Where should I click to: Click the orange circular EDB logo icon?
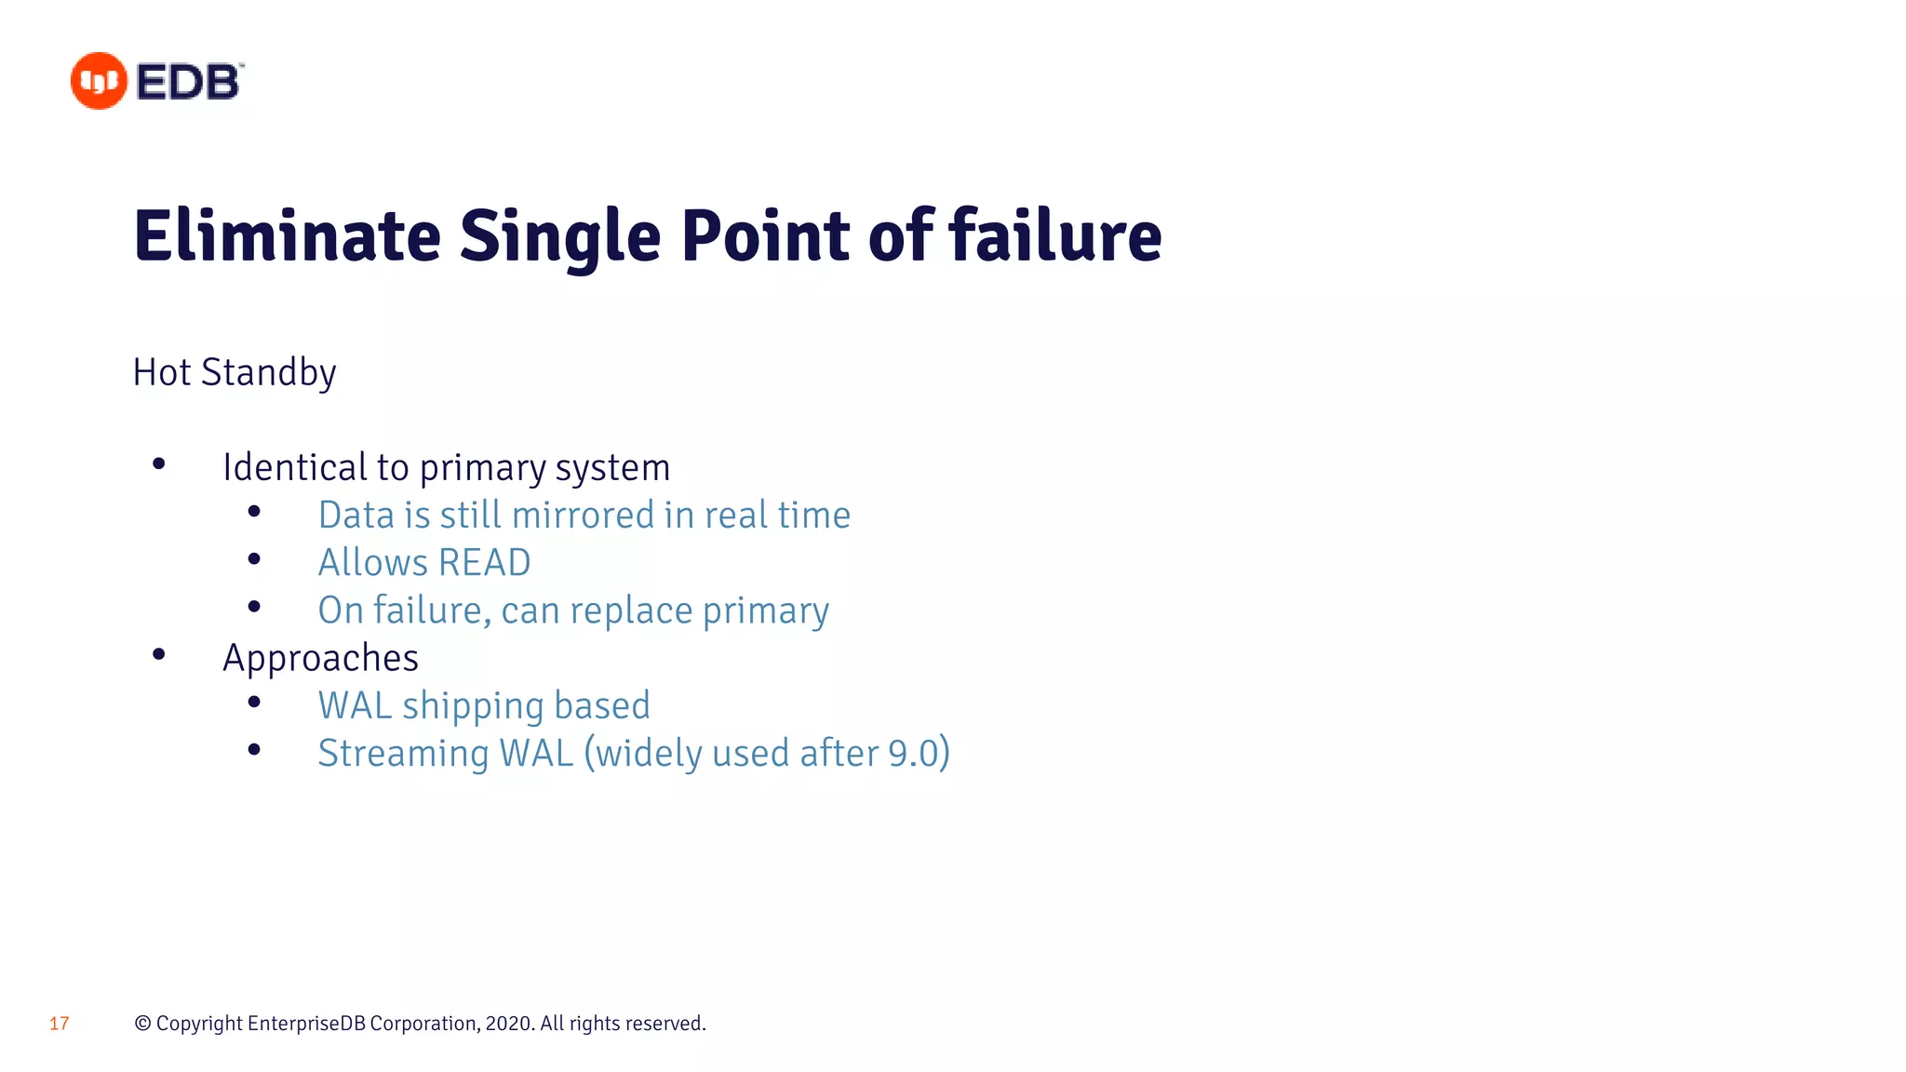click(99, 81)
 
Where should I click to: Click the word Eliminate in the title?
click(287, 236)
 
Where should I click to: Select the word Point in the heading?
click(765, 236)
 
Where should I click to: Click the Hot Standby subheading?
click(235, 372)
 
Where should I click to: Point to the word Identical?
click(294, 467)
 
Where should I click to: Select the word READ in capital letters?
click(484, 563)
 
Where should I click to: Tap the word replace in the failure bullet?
click(631, 611)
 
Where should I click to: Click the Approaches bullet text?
click(320, 659)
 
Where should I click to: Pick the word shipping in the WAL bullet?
click(473, 706)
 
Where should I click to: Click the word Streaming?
click(403, 754)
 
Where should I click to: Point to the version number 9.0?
click(912, 754)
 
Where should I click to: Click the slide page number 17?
click(59, 1024)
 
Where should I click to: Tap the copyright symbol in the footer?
click(142, 1024)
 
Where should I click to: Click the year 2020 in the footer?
click(508, 1024)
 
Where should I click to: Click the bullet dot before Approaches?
click(159, 655)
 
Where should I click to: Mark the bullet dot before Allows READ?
click(254, 559)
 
